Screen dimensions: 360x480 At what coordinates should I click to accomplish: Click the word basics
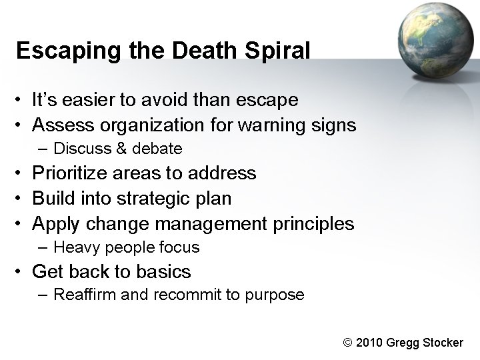163,272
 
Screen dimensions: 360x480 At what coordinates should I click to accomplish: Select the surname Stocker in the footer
441,343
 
